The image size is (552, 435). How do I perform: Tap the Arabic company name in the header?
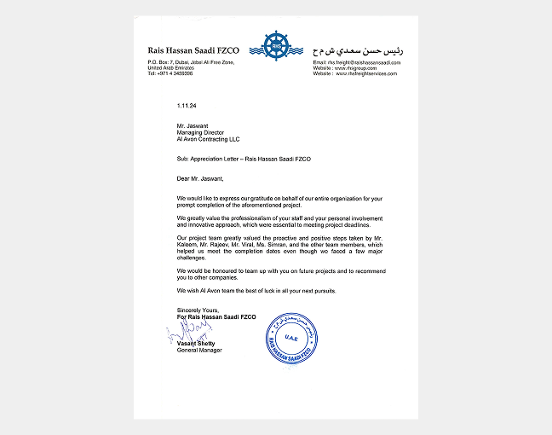tap(359, 50)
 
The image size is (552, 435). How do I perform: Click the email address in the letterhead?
tap(357, 63)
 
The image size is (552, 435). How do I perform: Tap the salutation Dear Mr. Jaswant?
tap(200, 179)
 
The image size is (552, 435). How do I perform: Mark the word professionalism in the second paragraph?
tap(243, 217)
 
